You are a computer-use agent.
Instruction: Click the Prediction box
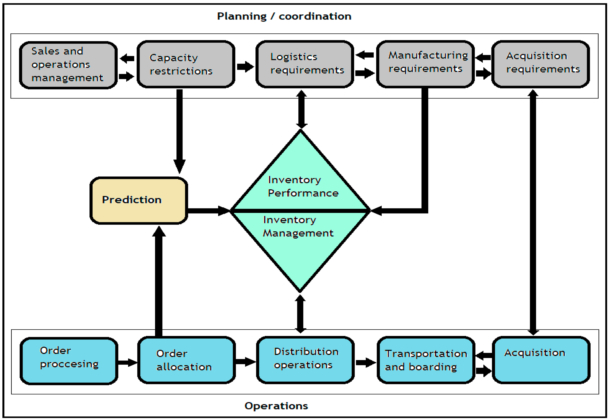coord(139,201)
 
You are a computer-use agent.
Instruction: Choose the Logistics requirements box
coord(305,64)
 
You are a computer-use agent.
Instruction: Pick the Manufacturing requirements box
coord(425,64)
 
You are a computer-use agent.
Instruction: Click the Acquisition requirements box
coord(540,64)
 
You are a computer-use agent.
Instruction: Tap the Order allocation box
coord(186,360)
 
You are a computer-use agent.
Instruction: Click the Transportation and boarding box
coord(426,360)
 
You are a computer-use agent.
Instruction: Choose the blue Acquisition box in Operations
coord(541,360)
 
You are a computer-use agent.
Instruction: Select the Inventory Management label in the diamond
coord(298,227)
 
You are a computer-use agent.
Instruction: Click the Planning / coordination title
coord(284,16)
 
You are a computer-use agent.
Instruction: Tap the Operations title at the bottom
coord(276,406)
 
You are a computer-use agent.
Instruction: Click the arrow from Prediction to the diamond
coord(208,211)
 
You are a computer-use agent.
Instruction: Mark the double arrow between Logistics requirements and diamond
coord(301,109)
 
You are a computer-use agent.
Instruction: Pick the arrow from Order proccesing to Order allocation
coord(127,363)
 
